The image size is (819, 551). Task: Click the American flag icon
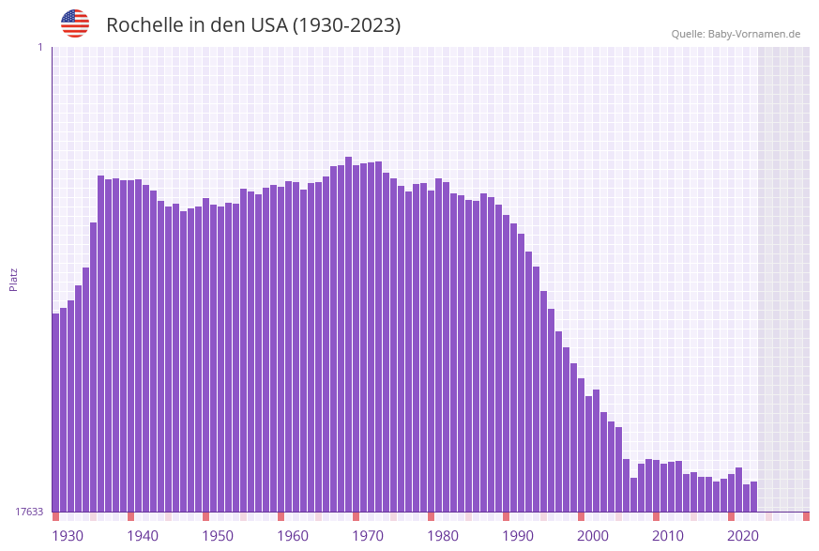click(x=75, y=23)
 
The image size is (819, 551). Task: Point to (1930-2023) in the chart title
click(x=346, y=25)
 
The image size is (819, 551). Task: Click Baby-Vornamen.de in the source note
click(x=754, y=34)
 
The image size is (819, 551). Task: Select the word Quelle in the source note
click(x=687, y=34)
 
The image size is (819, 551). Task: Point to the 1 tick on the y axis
click(x=39, y=47)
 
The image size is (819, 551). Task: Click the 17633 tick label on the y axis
click(x=29, y=512)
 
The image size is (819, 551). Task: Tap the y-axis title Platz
click(x=14, y=279)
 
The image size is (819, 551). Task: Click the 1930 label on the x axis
click(x=68, y=535)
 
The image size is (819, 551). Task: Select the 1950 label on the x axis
click(x=218, y=535)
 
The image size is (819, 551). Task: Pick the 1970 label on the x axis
click(x=368, y=535)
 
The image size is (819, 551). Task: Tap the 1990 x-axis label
click(x=518, y=535)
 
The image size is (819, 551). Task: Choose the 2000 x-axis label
click(x=593, y=535)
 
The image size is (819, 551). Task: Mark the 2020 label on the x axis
click(x=743, y=535)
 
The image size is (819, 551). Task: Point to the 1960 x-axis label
click(x=293, y=535)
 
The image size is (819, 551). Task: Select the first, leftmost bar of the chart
click(x=55, y=413)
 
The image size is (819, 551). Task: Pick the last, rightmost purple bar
click(x=753, y=497)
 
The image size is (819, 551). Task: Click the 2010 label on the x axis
click(x=668, y=535)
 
